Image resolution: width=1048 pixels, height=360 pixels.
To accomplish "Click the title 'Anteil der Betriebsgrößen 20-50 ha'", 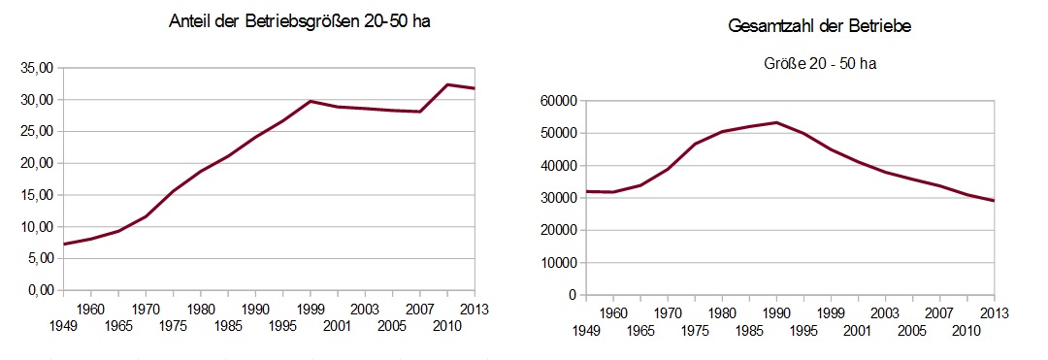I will tap(299, 22).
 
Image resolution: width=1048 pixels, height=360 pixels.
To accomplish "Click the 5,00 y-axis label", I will tap(38, 258).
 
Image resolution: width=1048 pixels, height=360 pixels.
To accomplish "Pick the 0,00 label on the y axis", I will tap(38, 290).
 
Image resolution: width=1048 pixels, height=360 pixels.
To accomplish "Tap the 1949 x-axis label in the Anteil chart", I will tap(63, 328).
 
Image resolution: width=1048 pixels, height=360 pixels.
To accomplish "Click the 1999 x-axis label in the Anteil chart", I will tap(310, 309).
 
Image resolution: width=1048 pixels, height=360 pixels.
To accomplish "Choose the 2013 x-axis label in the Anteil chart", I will tap(474, 309).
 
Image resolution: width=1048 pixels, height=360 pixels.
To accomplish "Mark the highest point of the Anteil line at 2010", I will tap(446, 84).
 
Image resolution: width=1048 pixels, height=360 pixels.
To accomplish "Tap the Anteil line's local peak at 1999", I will tap(310, 101).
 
